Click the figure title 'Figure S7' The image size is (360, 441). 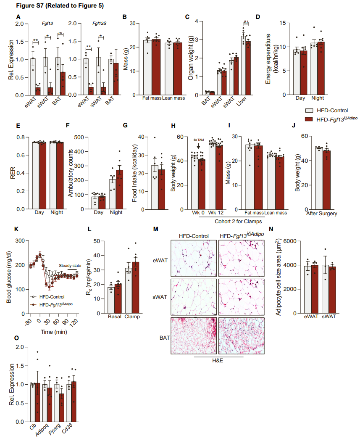(x=31, y=6)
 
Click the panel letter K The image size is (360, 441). (x=16, y=229)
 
